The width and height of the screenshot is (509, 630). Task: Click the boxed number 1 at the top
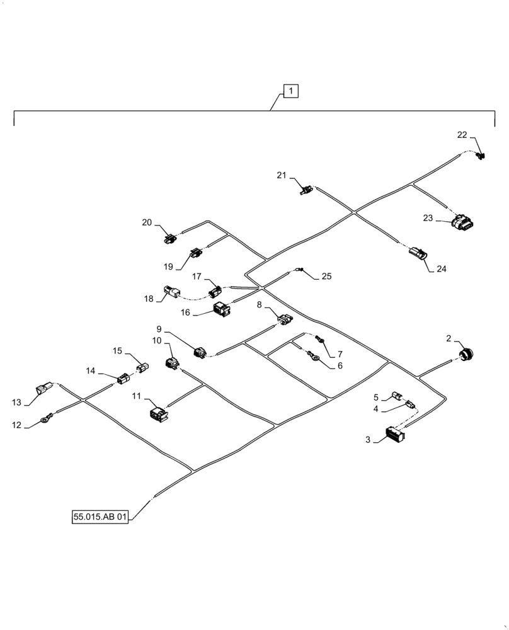pyautogui.click(x=290, y=91)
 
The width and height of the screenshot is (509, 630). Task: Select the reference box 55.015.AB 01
pyautogui.click(x=100, y=517)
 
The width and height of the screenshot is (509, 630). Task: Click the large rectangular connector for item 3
pyautogui.click(x=394, y=435)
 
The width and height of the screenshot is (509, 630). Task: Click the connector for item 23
pyautogui.click(x=463, y=222)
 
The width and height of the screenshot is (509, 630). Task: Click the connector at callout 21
pyautogui.click(x=307, y=188)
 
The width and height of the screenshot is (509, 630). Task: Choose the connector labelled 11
pyautogui.click(x=157, y=413)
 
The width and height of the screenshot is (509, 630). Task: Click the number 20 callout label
pyautogui.click(x=147, y=222)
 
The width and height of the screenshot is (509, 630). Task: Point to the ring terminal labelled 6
pyautogui.click(x=313, y=359)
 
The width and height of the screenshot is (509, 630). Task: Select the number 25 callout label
pyautogui.click(x=326, y=276)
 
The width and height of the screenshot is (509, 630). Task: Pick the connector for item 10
pyautogui.click(x=171, y=362)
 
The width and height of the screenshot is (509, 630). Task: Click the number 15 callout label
pyautogui.click(x=118, y=350)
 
